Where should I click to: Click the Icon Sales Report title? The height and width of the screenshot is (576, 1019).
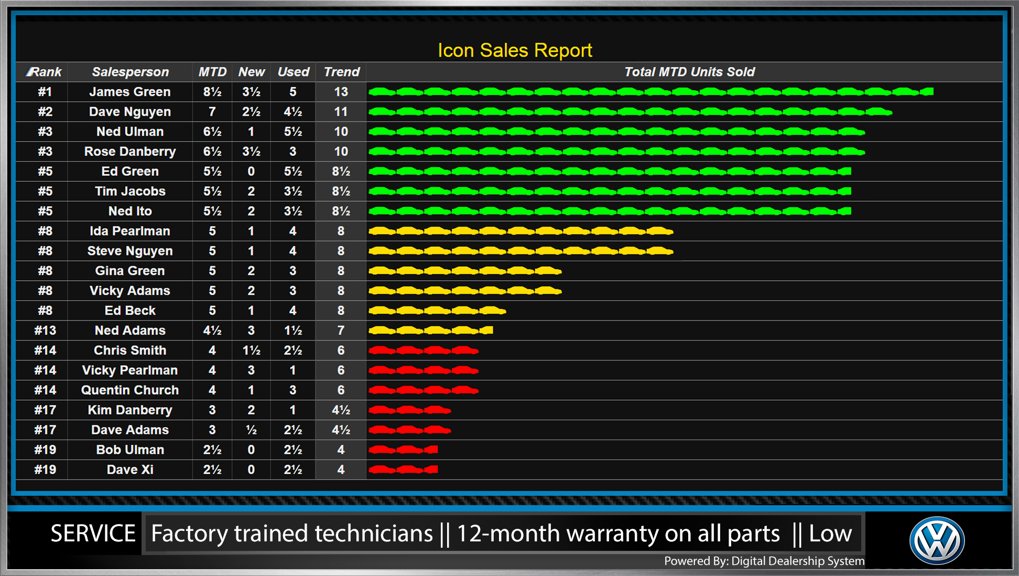[515, 50]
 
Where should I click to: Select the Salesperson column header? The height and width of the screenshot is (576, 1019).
[130, 72]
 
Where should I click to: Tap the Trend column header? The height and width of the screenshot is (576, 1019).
[341, 72]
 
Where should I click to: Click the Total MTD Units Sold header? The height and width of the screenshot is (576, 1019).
[689, 72]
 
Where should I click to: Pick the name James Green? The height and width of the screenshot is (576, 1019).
[130, 92]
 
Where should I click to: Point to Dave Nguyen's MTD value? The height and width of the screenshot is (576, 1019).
[212, 112]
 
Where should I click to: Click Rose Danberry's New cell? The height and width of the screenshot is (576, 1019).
[251, 152]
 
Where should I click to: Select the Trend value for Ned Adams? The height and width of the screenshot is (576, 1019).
[341, 330]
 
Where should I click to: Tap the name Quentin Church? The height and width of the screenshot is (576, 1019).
[130, 390]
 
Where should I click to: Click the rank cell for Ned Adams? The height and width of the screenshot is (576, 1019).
[45, 330]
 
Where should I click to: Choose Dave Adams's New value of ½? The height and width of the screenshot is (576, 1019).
[251, 430]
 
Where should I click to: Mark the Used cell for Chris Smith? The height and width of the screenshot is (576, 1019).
[292, 350]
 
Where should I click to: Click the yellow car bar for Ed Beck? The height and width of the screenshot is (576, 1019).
[437, 311]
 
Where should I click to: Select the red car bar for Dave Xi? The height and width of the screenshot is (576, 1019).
[403, 470]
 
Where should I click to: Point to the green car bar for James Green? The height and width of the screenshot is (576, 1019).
[651, 92]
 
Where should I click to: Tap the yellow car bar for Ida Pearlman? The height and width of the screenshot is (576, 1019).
[521, 231]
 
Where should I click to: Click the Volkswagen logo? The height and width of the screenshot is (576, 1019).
[937, 540]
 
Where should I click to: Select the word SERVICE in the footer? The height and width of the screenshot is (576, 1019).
[93, 534]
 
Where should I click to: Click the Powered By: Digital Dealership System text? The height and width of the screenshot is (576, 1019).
[764, 561]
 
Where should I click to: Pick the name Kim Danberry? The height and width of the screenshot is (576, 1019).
[130, 410]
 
